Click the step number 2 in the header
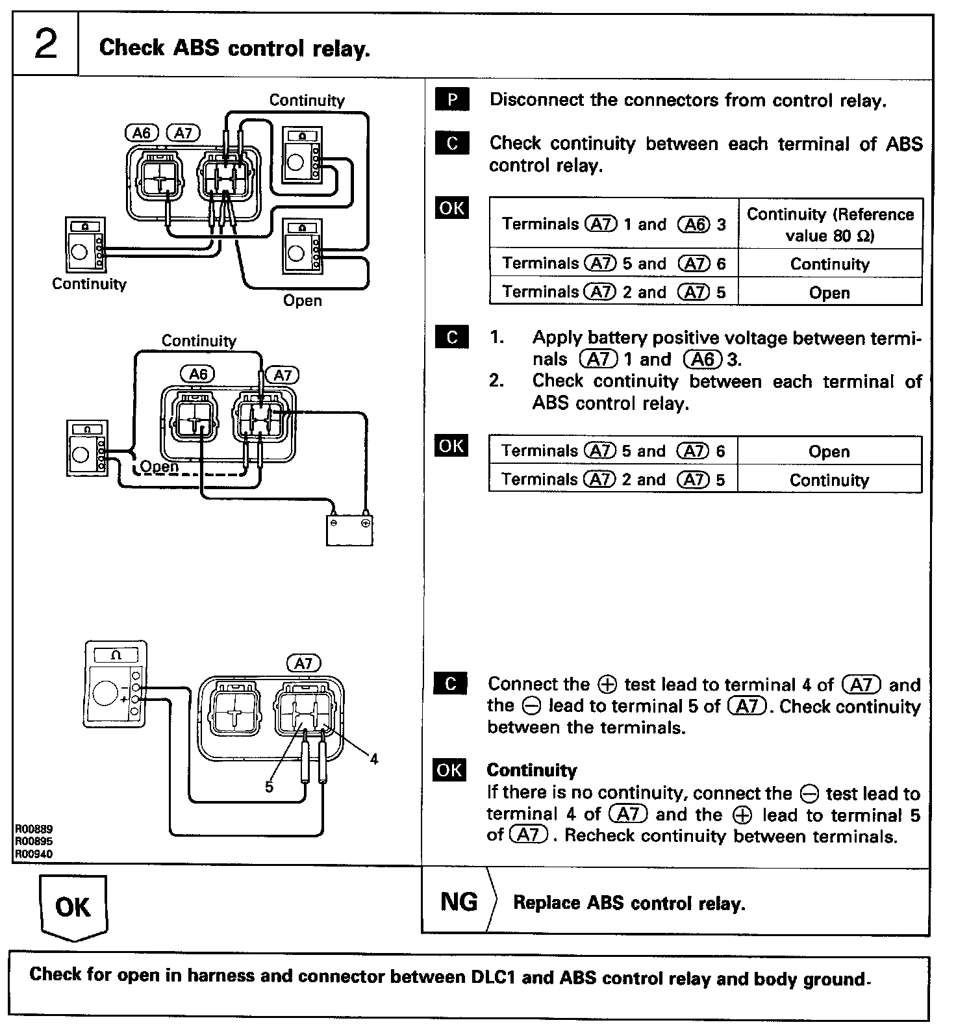pyautogui.click(x=45, y=45)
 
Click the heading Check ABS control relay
pyautogui.click(x=234, y=48)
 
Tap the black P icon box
pyautogui.click(x=452, y=100)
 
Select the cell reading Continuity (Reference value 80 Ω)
pyautogui.click(x=830, y=224)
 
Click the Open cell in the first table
pyautogui.click(x=829, y=292)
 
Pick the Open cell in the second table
pyautogui.click(x=829, y=451)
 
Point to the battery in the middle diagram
pyautogui.click(x=349, y=529)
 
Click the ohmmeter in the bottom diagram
pyautogui.click(x=116, y=683)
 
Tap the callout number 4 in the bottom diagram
pyautogui.click(x=373, y=758)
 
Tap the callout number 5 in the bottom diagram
pyautogui.click(x=268, y=787)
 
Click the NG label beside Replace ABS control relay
pyautogui.click(x=459, y=902)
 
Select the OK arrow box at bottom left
pyautogui.click(x=73, y=907)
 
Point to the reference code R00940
pyautogui.click(x=34, y=854)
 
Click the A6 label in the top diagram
pyautogui.click(x=141, y=133)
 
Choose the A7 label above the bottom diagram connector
pyautogui.click(x=303, y=663)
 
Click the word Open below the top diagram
pyautogui.click(x=302, y=301)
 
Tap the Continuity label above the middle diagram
pyautogui.click(x=199, y=341)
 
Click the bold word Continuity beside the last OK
pyautogui.click(x=531, y=770)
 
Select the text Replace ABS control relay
pyautogui.click(x=629, y=903)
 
